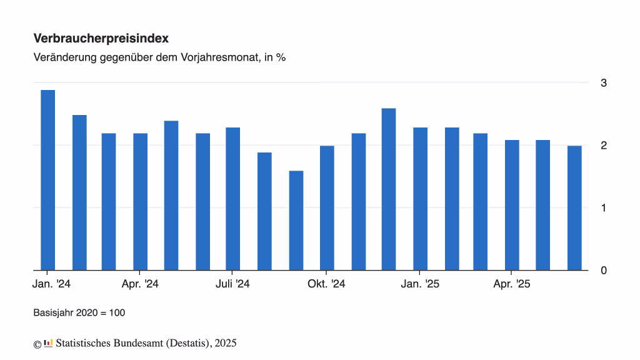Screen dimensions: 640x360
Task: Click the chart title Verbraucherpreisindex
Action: [101, 38]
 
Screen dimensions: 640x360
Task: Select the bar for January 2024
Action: [47, 180]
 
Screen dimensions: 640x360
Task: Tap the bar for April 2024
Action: [140, 202]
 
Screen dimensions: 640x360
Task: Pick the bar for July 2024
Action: [232, 199]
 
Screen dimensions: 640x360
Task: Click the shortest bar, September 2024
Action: [296, 221]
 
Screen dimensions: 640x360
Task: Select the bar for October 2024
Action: [327, 208]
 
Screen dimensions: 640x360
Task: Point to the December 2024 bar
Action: [389, 189]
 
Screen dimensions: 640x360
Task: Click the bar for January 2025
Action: [420, 199]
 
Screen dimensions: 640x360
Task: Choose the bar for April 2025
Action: [512, 205]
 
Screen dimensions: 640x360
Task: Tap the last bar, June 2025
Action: [574, 208]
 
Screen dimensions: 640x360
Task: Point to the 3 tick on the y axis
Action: [603, 83]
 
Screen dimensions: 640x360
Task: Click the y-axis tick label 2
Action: [603, 145]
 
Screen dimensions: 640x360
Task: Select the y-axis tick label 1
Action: [603, 207]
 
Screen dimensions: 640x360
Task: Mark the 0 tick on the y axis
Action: [603, 270]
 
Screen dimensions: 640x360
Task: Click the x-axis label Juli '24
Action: [232, 284]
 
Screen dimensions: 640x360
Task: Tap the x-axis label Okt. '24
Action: [326, 284]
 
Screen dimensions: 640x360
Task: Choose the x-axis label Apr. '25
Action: [511, 284]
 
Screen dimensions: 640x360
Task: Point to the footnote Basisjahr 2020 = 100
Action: [79, 312]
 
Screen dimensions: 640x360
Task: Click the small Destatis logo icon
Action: [48, 343]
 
